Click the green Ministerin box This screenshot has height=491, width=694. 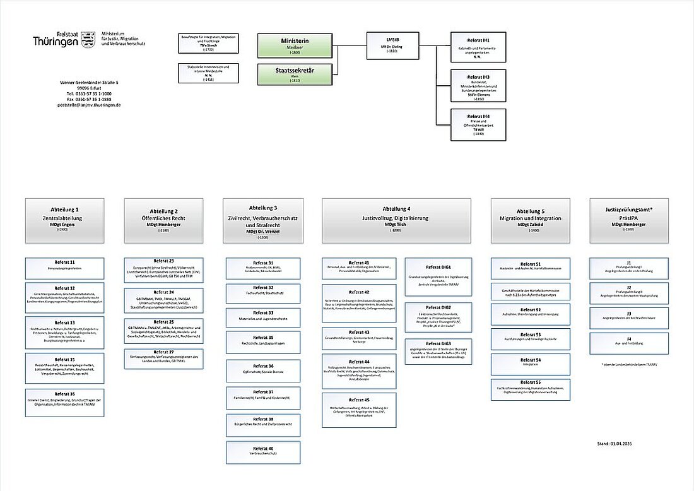click(x=295, y=46)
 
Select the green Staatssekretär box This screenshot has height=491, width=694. click(x=295, y=74)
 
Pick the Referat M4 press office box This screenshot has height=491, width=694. click(x=478, y=124)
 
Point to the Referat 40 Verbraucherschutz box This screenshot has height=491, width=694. click(x=263, y=452)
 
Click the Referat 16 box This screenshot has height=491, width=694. click(x=64, y=402)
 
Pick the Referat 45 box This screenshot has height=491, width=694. click(x=358, y=409)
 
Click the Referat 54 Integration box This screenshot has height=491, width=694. click(x=530, y=362)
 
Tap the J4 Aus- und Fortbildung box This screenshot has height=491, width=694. click(x=628, y=343)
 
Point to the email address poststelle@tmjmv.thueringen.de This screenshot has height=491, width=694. click(x=89, y=105)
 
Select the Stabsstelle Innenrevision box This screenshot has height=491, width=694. click(x=208, y=73)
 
